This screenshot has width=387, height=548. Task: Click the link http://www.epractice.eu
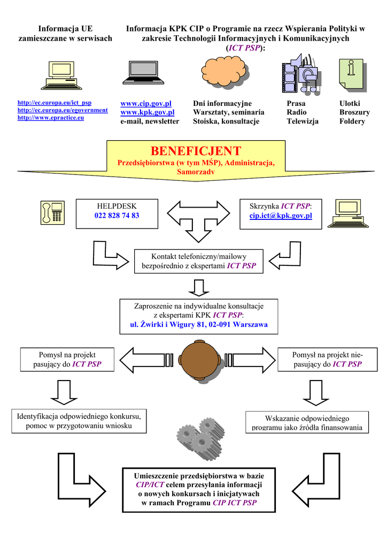(51, 118)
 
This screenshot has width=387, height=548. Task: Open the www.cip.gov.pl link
(146, 103)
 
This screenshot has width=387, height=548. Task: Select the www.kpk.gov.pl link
(148, 112)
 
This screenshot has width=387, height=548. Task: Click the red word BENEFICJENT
(196, 151)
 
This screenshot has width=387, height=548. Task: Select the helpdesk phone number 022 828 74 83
(117, 216)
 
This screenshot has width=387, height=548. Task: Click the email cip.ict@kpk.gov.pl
(281, 216)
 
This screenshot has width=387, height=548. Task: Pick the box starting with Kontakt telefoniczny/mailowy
(198, 261)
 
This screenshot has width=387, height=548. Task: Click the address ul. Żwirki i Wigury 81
(198, 325)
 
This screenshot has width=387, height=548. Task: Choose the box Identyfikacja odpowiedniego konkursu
(80, 421)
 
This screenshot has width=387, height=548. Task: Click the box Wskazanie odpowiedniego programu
(307, 422)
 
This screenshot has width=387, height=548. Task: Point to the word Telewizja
(303, 121)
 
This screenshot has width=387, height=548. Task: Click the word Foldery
(352, 121)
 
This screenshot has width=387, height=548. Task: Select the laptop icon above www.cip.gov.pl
(143, 72)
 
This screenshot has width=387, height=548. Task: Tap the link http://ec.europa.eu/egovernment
(63, 110)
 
